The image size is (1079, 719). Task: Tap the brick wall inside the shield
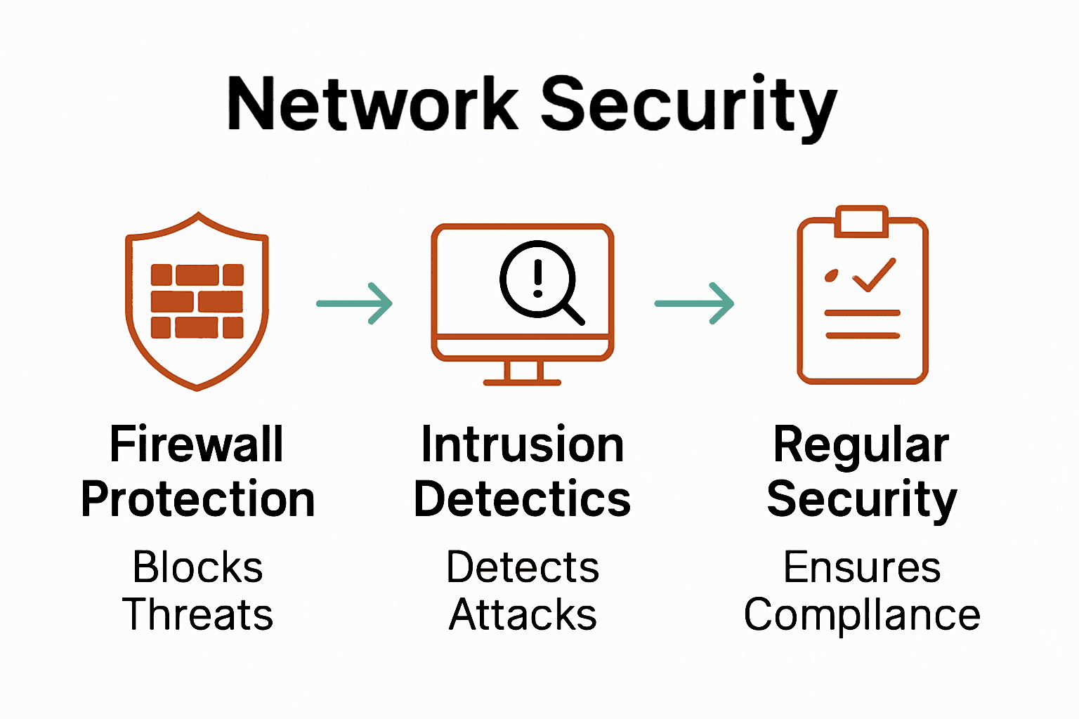tap(197, 301)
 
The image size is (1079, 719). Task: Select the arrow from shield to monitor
tap(355, 303)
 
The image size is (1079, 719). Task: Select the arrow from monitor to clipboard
tap(694, 303)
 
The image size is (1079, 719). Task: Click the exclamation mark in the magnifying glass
tap(538, 278)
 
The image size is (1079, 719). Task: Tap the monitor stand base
tap(522, 382)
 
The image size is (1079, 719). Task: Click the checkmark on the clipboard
tap(874, 275)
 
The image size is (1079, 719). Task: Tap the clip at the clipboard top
tap(862, 220)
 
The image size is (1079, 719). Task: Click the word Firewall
tap(197, 444)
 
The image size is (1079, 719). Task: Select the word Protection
tap(198, 499)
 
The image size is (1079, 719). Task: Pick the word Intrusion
tap(523, 444)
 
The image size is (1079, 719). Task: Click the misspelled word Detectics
tap(523, 499)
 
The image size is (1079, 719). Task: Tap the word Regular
tap(861, 446)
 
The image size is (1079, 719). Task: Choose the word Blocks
tap(198, 567)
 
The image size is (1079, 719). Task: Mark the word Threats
tap(198, 614)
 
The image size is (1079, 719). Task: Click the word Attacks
tap(523, 614)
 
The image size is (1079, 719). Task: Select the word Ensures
tap(862, 567)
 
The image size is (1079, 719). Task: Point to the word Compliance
tap(862, 616)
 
